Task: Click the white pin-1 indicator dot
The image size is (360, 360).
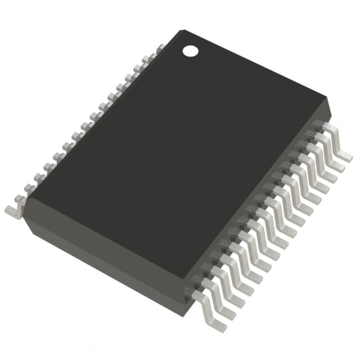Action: (x=191, y=51)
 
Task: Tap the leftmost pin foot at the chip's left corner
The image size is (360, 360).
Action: (x=12, y=210)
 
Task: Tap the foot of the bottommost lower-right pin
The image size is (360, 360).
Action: (x=217, y=324)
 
